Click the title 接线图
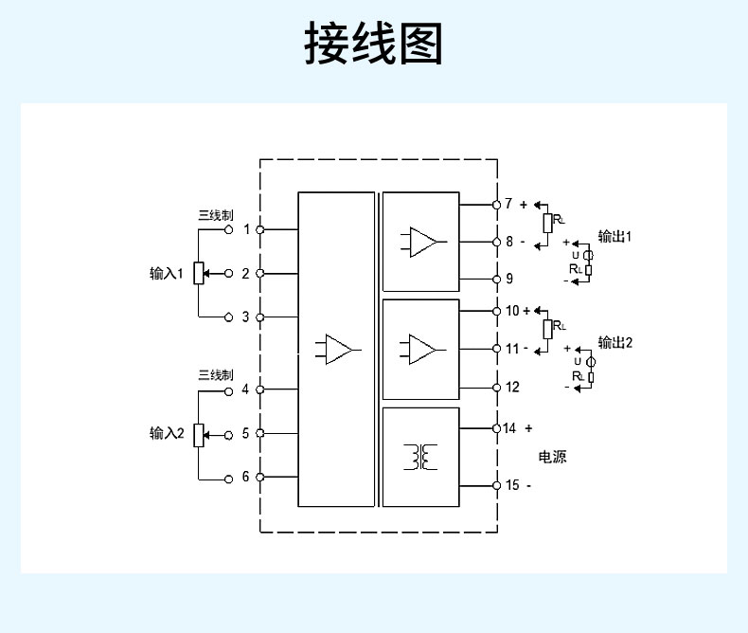[x=373, y=44]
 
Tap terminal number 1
[x=246, y=229]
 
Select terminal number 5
[x=246, y=433]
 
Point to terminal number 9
[x=509, y=279]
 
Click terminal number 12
[x=512, y=387]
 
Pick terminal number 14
[x=509, y=428]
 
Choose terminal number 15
[x=512, y=485]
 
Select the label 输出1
[x=614, y=236]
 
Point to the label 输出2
[x=614, y=342]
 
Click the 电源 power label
[x=553, y=457]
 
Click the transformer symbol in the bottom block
[x=420, y=457]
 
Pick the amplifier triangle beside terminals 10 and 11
[x=423, y=348]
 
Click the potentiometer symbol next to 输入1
[x=199, y=274]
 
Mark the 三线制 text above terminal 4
[x=214, y=374]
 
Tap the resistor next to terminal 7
[x=547, y=224]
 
